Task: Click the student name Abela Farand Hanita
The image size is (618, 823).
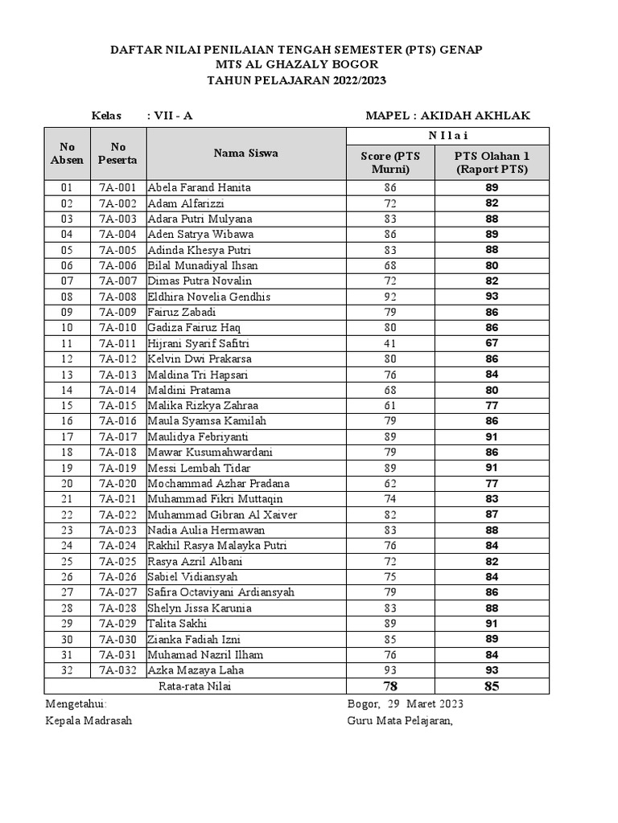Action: click(199, 187)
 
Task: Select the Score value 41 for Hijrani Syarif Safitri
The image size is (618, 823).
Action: click(390, 343)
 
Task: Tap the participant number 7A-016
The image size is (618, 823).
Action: click(117, 421)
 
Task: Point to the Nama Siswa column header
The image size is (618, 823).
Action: click(245, 153)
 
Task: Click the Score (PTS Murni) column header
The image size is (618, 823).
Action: click(390, 162)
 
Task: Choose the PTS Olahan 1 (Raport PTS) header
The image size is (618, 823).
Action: click(492, 162)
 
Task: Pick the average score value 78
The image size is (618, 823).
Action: click(390, 686)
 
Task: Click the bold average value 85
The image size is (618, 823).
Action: click(492, 686)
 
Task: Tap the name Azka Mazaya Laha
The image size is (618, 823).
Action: click(196, 670)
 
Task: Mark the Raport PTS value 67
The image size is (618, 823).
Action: click(492, 343)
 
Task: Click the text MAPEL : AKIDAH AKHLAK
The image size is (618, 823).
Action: click(447, 116)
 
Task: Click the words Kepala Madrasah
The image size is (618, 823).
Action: click(89, 720)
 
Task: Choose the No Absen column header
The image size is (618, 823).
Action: click(68, 153)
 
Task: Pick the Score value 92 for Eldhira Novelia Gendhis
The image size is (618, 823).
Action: click(390, 297)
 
